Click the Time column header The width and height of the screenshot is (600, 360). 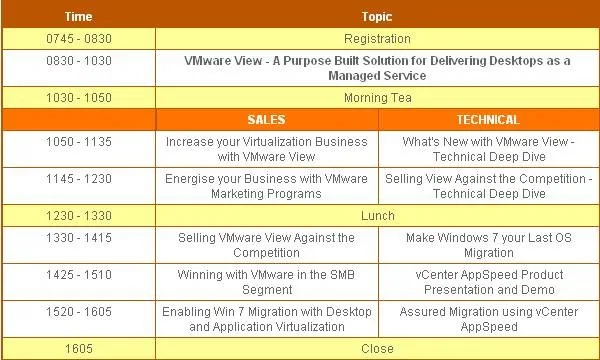(x=78, y=16)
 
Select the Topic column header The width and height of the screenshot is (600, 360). (x=377, y=16)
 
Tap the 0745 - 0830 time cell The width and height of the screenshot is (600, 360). (x=79, y=39)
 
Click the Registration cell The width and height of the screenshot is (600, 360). (x=377, y=39)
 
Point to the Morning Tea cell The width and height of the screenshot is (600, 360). (x=378, y=98)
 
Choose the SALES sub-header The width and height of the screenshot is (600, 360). (x=266, y=120)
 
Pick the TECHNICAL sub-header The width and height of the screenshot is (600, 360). (x=488, y=120)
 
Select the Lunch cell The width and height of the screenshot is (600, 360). (x=377, y=215)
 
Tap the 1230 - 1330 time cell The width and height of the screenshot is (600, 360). (x=79, y=215)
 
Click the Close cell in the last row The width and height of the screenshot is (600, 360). (x=377, y=349)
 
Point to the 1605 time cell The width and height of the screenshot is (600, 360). (x=79, y=349)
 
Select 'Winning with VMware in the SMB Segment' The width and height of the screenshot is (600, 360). (x=266, y=282)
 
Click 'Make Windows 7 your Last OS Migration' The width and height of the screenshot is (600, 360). (x=489, y=245)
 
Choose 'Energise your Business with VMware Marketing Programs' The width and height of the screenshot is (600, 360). (x=266, y=186)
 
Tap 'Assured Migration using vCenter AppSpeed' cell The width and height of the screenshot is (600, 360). (x=489, y=319)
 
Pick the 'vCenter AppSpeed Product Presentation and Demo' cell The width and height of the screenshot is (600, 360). (x=489, y=282)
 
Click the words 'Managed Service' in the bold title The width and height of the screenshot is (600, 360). (x=377, y=75)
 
